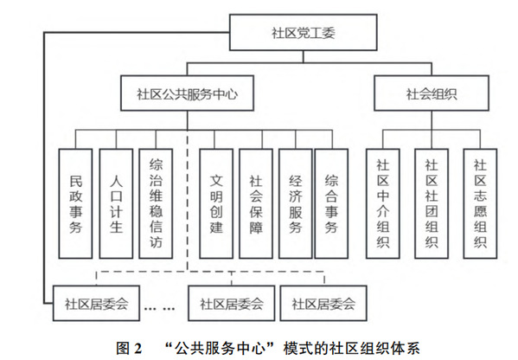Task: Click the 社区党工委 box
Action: click(304, 32)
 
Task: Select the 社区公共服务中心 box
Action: click(187, 93)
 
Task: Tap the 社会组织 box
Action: click(432, 93)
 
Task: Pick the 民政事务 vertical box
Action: click(75, 203)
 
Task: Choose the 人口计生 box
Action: click(116, 203)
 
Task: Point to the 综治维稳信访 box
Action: click(156, 203)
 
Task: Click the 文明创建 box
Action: click(216, 203)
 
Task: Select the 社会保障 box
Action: click(256, 203)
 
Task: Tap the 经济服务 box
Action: click(296, 203)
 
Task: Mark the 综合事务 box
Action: click(331, 203)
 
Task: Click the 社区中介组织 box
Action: click(383, 203)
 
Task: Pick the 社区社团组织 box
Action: click(432, 203)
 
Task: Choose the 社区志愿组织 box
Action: click(480, 203)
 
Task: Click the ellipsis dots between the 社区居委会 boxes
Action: click(160, 309)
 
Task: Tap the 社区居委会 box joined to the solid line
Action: click(96, 304)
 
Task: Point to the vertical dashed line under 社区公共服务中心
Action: click(188, 201)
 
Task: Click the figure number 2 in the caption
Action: click(137, 349)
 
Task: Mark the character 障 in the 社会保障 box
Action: click(256, 228)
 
